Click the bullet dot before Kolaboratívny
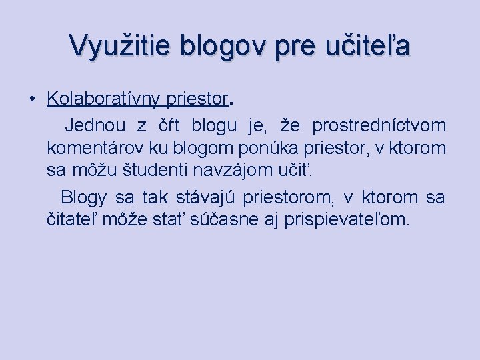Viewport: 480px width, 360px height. (31, 99)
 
